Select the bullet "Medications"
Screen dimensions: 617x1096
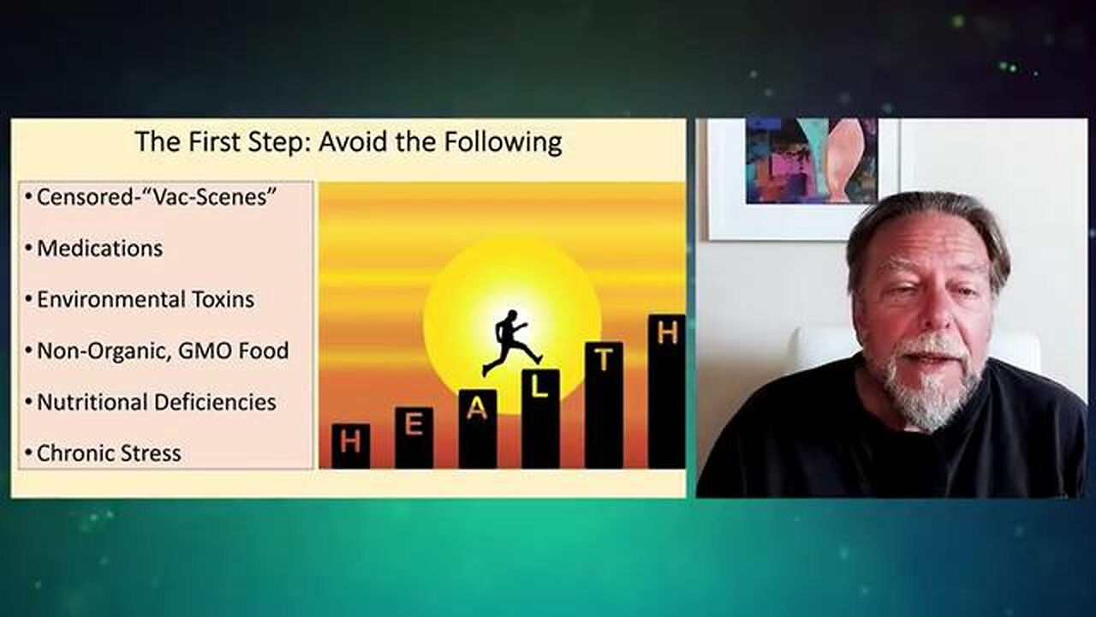[99, 249]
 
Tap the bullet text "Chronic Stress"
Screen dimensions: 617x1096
[109, 453]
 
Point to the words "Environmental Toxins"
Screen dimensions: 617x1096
[146, 300]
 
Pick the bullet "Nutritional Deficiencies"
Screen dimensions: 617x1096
[157, 402]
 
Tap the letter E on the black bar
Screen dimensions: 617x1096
[414, 424]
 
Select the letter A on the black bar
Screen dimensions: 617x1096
[477, 409]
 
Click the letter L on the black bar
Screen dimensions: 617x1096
[539, 387]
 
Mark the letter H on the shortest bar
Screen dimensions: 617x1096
[350, 441]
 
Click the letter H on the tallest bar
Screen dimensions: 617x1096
[667, 332]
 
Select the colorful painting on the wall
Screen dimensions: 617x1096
[811, 161]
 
